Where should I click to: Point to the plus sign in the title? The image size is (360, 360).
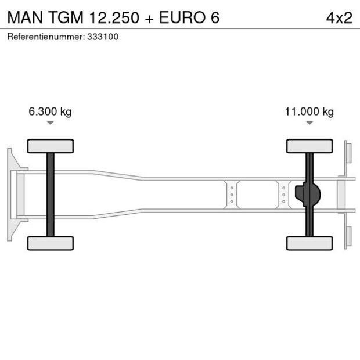[x=150, y=17]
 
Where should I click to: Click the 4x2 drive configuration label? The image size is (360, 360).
[x=339, y=17]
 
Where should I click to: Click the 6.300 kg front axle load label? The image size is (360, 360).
[x=50, y=111]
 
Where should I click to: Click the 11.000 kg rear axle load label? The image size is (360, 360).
[x=309, y=111]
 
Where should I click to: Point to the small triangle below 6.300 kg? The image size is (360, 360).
[x=51, y=123]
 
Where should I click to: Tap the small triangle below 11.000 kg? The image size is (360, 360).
[x=309, y=123]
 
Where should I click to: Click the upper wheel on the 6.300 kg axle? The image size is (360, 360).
[x=51, y=146]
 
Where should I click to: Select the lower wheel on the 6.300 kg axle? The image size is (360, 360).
[x=51, y=243]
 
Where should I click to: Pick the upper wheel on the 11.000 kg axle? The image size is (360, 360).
[x=309, y=146]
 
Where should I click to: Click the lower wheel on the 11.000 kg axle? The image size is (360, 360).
[x=309, y=243]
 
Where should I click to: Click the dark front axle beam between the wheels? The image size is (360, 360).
[x=51, y=195]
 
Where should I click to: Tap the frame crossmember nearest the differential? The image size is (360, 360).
[x=283, y=195]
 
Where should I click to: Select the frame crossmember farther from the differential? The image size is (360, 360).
[x=232, y=195]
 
